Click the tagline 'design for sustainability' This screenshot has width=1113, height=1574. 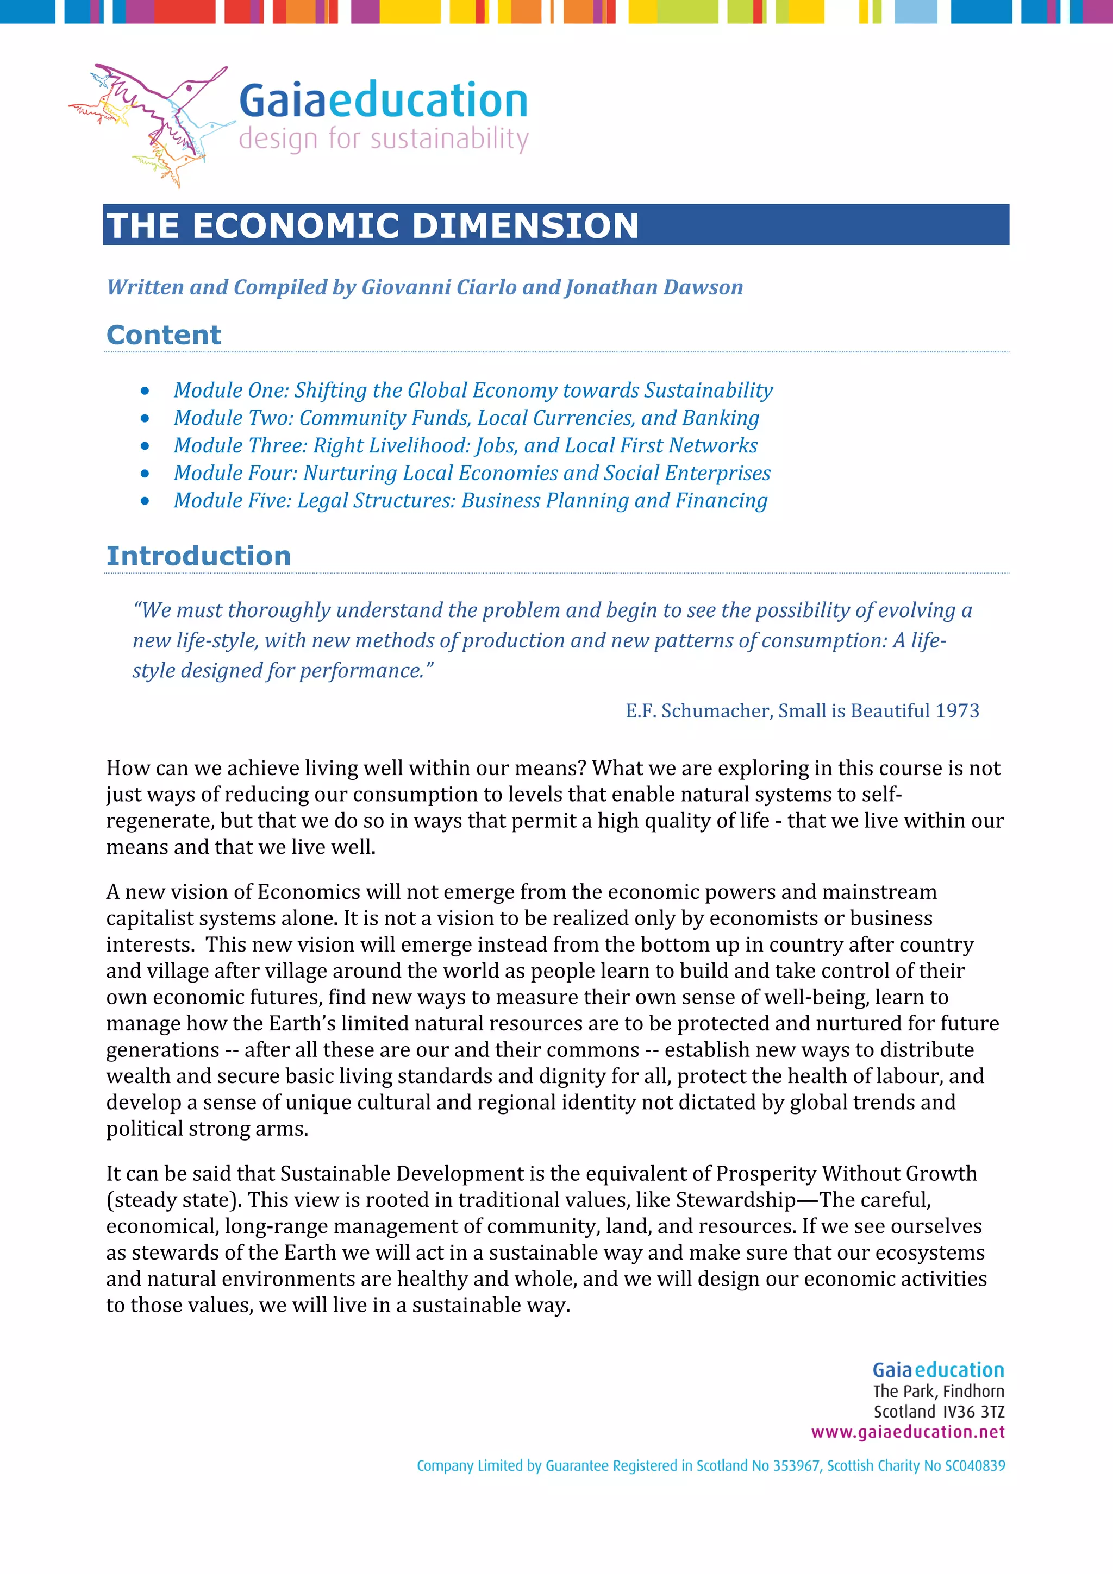click(383, 139)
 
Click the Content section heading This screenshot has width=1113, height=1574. click(164, 335)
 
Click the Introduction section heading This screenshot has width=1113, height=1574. click(199, 556)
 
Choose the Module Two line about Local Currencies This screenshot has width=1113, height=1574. click(466, 418)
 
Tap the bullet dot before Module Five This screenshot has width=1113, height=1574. click(145, 501)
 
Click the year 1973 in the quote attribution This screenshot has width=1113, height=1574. click(958, 711)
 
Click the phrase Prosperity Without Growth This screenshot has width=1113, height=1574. click(846, 1173)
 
